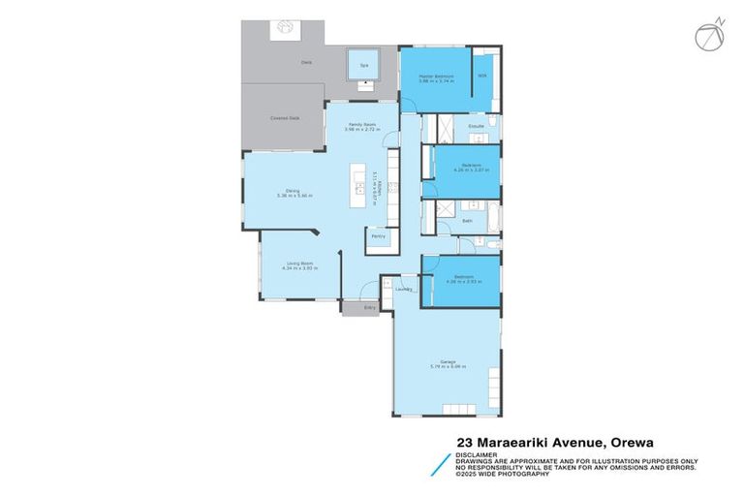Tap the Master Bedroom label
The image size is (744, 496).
coord(437,77)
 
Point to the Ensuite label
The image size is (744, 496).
coord(476,126)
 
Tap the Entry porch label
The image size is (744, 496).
coord(368,307)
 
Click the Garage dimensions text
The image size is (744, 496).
coord(441,369)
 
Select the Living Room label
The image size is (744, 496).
coord(299,263)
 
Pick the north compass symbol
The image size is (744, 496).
coord(708,35)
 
